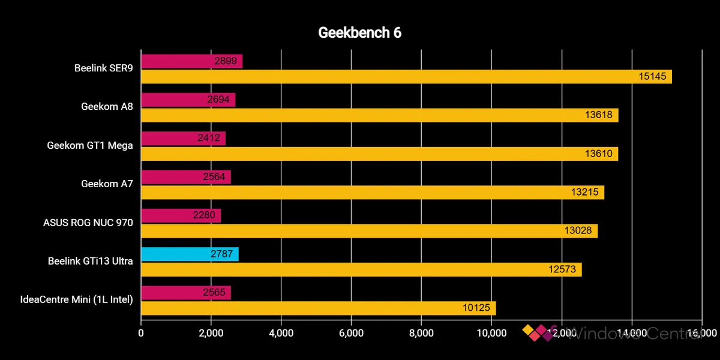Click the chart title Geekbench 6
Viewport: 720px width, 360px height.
[359, 33]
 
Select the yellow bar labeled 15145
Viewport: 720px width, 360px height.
[406, 76]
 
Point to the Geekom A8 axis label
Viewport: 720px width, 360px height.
[107, 107]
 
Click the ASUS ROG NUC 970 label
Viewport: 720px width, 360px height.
[88, 223]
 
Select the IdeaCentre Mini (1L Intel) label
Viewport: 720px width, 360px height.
[76, 300]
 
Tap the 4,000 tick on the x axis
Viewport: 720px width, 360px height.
[281, 333]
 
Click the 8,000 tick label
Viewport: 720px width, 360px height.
[421, 333]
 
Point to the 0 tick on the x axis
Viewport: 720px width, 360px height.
[141, 333]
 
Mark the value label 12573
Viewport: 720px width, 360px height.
[562, 269]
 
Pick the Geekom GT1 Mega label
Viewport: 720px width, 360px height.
[90, 145]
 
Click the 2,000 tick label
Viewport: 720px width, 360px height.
[211, 333]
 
